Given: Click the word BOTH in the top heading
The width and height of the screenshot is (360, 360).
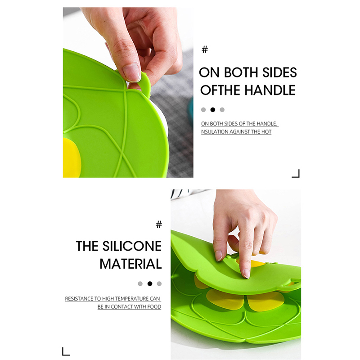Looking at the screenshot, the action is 241,72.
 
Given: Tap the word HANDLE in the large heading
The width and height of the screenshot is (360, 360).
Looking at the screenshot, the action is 270,90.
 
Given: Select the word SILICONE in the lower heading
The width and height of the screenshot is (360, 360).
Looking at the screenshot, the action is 132,246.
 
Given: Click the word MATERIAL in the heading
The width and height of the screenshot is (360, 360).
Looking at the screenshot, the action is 130,264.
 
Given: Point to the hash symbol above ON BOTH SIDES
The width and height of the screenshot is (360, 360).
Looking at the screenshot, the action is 205,49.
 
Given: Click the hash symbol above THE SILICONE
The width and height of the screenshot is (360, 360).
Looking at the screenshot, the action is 159,224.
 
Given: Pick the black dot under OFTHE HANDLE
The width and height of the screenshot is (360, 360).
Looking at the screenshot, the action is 213,110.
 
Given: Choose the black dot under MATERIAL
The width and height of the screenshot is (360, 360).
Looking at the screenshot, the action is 150,284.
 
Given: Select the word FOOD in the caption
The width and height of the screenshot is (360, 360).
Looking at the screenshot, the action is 154,307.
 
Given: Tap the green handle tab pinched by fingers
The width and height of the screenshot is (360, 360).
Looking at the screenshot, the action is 145,84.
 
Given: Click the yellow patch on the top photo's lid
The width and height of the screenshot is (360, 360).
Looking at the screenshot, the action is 72,158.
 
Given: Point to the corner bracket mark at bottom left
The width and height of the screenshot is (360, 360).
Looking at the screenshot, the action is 66,351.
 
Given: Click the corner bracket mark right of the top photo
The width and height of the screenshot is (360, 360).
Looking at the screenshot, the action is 296,174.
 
